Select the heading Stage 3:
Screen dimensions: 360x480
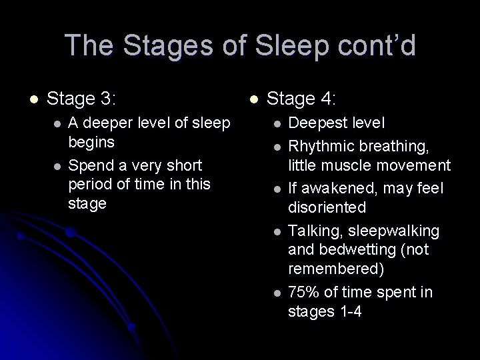pyautogui.click(x=82, y=100)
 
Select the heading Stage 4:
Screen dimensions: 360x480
pyautogui.click(x=301, y=100)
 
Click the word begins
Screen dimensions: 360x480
pyautogui.click(x=91, y=141)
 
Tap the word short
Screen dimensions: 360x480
pyautogui.click(x=183, y=164)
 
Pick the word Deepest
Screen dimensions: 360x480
pyautogui.click(x=317, y=123)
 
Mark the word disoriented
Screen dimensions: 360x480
pyautogui.click(x=327, y=207)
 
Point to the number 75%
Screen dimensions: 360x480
pyautogui.click(x=303, y=292)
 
